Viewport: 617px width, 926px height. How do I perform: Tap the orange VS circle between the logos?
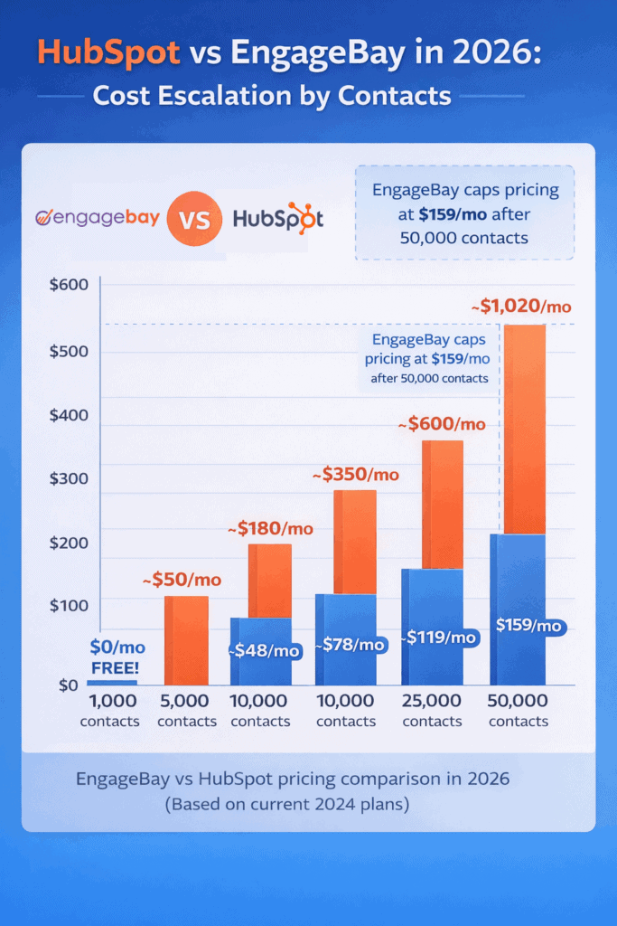click(192, 219)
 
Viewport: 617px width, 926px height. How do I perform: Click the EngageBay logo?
click(97, 218)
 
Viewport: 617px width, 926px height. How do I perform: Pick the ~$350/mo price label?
click(355, 474)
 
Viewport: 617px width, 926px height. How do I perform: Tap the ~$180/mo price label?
click(269, 528)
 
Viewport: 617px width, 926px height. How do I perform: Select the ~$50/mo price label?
click(182, 580)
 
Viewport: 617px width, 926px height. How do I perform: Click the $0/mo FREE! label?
click(117, 657)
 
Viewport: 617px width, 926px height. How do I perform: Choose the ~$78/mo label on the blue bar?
click(352, 645)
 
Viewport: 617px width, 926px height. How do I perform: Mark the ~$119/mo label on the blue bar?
click(439, 638)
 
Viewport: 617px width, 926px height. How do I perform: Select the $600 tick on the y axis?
click(68, 286)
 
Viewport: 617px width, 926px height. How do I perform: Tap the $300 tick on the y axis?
click(68, 478)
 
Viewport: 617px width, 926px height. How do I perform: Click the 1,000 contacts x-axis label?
click(109, 711)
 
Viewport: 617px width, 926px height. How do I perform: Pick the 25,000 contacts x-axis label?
click(432, 711)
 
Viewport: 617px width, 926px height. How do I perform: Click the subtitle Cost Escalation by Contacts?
click(272, 96)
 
